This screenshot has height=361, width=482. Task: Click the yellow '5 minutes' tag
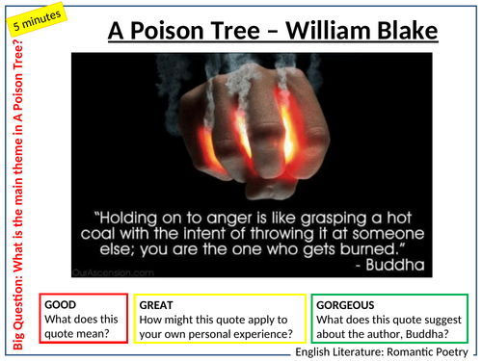(x=36, y=20)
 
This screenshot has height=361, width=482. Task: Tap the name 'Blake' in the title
(x=404, y=33)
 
